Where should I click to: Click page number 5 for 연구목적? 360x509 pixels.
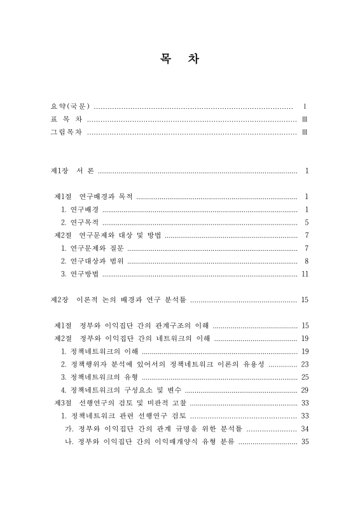tap(307, 222)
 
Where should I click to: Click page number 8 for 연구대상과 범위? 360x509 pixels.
tap(307, 261)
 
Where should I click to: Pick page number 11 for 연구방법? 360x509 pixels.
tap(305, 274)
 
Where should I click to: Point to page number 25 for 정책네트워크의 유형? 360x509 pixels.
tap(305, 377)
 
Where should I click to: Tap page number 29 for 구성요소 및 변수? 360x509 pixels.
tap(305, 390)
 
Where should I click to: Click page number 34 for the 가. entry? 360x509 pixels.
tap(305, 428)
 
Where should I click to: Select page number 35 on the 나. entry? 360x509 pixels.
tap(305, 442)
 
